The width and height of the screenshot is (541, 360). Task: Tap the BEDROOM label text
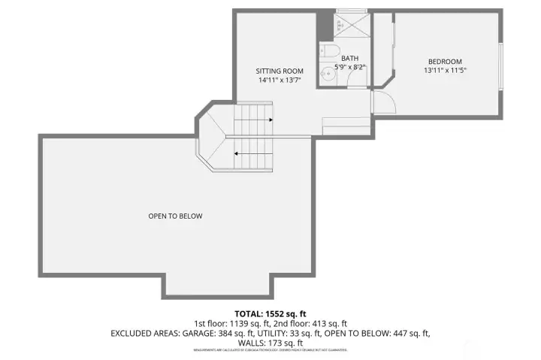(x=445, y=62)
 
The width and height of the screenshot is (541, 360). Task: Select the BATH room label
(x=350, y=58)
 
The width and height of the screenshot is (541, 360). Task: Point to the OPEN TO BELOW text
(x=175, y=216)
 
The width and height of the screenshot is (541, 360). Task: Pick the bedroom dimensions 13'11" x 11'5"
(x=445, y=71)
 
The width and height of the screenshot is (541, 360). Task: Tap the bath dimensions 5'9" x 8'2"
(x=350, y=66)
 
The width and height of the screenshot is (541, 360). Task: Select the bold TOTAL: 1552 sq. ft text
(x=270, y=313)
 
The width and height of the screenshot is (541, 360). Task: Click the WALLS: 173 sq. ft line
(x=270, y=343)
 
